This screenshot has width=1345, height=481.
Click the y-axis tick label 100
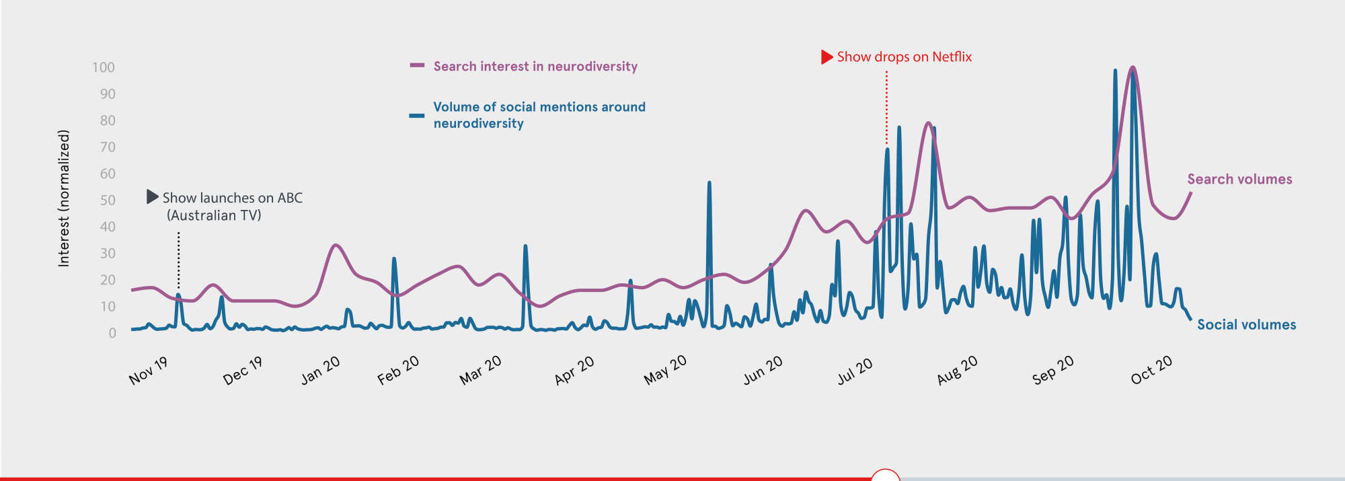point(104,67)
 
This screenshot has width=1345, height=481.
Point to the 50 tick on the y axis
point(108,200)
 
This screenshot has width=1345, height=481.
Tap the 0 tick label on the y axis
point(112,333)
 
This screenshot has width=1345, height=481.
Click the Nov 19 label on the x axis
point(148,371)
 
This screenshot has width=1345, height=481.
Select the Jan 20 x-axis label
point(320,371)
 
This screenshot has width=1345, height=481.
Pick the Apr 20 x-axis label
point(574,371)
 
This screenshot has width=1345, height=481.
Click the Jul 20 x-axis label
point(855,371)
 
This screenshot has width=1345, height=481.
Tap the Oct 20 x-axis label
point(1151,370)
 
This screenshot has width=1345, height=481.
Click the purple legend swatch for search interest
point(417,66)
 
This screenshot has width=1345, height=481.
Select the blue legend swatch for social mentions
point(417,116)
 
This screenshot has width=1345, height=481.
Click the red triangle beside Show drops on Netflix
point(827,57)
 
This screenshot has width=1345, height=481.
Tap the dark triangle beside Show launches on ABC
point(153,197)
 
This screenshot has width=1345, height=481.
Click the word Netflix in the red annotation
point(952,57)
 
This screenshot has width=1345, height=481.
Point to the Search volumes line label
point(1239,180)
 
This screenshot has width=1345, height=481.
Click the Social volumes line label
point(1246,325)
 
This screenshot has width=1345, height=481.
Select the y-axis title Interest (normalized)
point(64,198)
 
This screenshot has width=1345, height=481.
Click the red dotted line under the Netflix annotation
point(886,108)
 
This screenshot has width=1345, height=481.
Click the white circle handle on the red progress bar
point(885,477)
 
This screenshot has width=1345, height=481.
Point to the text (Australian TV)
point(214,215)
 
